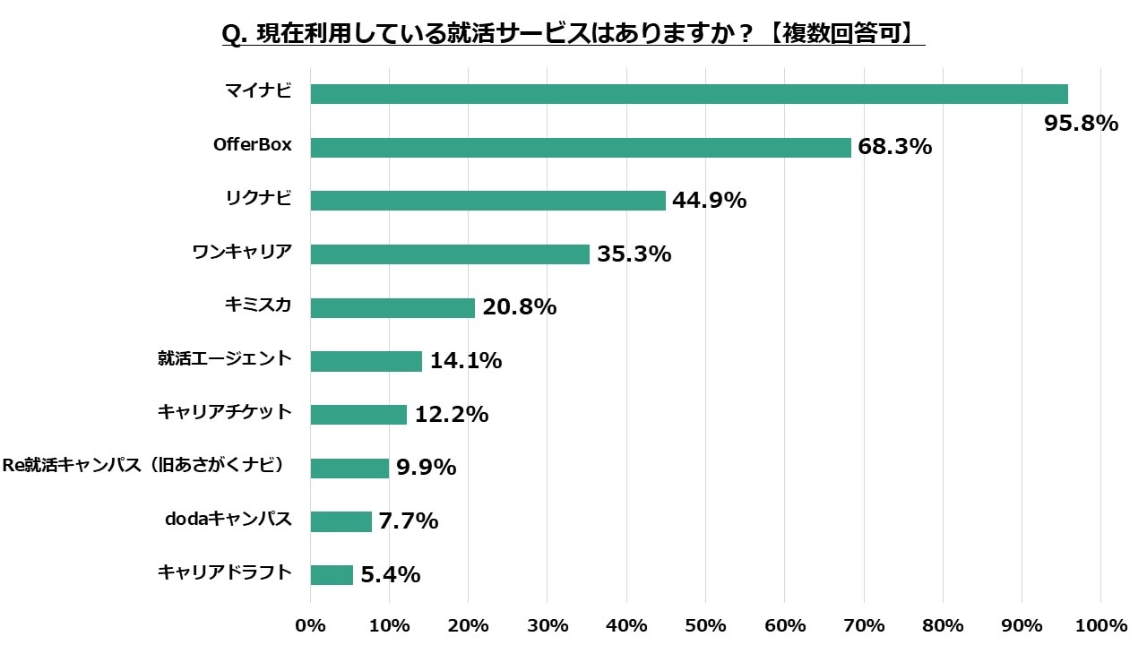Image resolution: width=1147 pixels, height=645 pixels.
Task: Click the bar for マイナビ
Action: coord(688,94)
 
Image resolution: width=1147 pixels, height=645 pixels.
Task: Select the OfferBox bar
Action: coord(581,148)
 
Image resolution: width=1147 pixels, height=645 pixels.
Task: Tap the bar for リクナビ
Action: coord(487,201)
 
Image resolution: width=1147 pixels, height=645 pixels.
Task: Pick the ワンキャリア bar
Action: coord(450,254)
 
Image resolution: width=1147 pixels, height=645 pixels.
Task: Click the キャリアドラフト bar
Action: coord(332,575)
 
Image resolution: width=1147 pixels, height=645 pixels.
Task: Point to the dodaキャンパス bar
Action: coord(341,521)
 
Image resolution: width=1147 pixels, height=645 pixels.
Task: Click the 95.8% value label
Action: coord(1081,124)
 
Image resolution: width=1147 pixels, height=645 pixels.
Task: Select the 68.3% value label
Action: coord(894,147)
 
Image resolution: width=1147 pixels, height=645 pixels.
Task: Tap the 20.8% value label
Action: coord(519,307)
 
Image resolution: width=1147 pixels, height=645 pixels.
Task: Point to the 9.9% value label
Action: coord(426,468)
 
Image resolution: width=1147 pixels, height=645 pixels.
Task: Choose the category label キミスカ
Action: coord(258,305)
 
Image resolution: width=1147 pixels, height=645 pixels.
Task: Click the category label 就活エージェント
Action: coord(225,358)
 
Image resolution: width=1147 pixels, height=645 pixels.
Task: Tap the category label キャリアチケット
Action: coord(225,412)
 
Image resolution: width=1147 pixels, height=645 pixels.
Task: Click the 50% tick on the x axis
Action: coord(705,624)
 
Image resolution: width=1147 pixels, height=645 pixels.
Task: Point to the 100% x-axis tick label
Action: coord(1100,624)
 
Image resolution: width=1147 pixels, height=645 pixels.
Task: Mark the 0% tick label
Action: coord(311,624)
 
